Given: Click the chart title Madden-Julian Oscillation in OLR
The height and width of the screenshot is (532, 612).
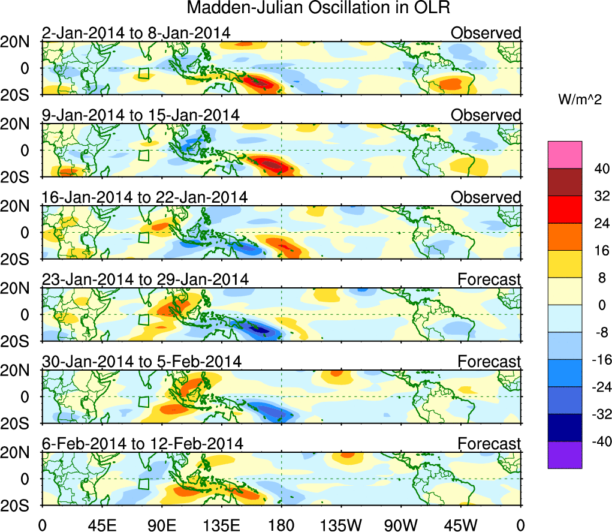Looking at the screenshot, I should (318, 8).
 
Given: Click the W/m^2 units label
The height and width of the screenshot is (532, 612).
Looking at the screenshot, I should (580, 100).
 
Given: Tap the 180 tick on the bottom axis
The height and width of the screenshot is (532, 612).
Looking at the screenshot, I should (281, 525).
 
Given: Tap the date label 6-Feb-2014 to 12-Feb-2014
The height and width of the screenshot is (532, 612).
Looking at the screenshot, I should (143, 444).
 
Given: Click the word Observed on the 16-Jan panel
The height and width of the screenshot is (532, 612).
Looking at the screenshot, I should (486, 197).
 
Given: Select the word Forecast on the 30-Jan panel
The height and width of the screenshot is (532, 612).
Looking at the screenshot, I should (490, 362).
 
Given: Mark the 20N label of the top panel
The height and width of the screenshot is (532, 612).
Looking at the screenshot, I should (22, 42).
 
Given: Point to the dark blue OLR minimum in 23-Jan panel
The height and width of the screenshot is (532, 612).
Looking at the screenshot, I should (260, 329).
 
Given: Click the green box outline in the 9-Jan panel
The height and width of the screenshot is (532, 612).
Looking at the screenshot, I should (143, 155).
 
